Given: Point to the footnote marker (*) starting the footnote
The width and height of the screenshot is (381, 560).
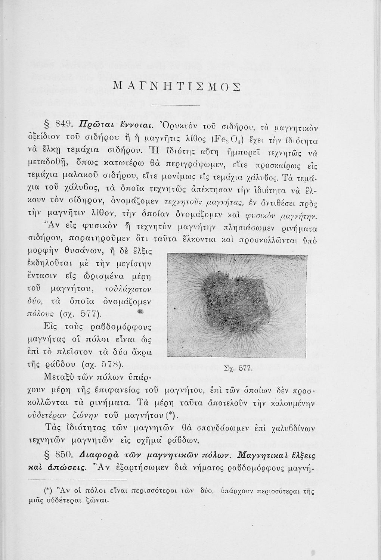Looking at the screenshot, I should pos(47,491).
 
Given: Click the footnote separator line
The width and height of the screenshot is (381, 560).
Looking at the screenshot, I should pos(78,481).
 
